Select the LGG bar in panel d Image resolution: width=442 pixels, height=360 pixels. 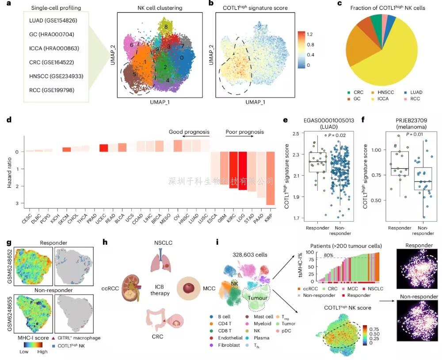point(242,170)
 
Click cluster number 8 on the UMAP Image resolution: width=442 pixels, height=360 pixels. point(166,27)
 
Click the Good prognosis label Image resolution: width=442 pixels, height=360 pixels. point(189,132)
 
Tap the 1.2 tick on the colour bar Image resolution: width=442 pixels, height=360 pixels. point(310,33)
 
